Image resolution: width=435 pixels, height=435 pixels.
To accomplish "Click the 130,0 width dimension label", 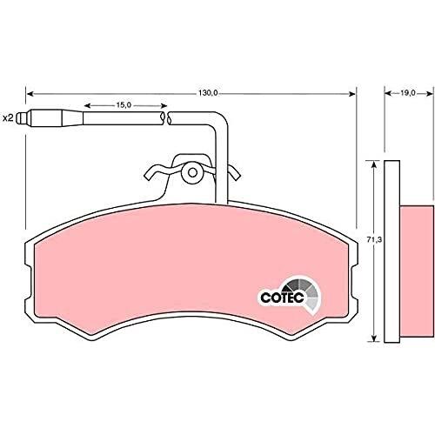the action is tap(208, 93).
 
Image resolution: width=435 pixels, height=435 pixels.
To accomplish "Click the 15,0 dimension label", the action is tap(124, 105).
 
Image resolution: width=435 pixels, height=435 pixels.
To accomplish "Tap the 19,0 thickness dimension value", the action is tap(408, 93).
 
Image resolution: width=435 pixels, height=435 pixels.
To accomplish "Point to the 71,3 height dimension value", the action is tap(375, 240).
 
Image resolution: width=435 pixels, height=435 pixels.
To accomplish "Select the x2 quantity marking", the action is tap(8, 118).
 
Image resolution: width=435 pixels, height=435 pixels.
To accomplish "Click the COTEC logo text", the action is tap(282, 298).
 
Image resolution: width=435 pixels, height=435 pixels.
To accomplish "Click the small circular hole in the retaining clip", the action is tap(192, 173).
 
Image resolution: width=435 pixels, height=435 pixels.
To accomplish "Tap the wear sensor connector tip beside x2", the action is tap(23, 118).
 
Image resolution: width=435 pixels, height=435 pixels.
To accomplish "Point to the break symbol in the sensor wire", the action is tap(166, 118).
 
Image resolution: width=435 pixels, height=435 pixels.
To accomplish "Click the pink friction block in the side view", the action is tap(417, 271).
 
